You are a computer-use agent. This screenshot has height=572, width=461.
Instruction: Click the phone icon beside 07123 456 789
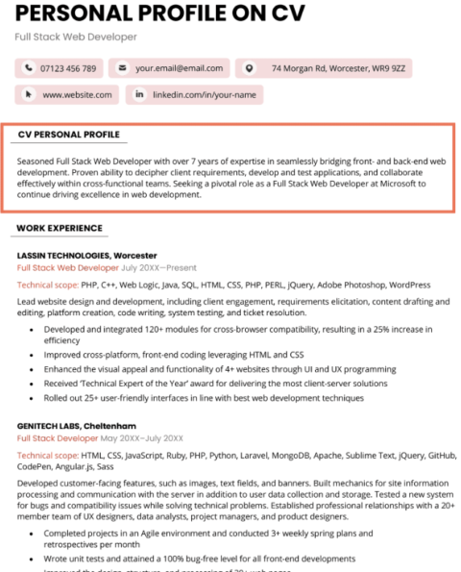(28, 68)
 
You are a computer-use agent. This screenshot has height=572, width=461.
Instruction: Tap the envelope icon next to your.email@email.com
(122, 68)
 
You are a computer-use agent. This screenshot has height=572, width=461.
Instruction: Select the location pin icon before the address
(251, 68)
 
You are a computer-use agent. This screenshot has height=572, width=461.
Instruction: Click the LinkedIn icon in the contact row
(139, 94)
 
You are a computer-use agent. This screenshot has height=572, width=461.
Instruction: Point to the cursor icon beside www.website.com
(28, 94)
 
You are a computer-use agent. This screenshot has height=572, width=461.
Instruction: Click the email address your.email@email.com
(179, 68)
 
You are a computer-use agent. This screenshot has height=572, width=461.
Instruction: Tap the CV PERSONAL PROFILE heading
(69, 135)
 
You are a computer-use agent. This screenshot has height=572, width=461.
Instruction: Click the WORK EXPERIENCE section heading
(60, 228)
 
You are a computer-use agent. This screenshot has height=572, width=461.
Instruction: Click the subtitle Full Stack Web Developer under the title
(76, 37)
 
